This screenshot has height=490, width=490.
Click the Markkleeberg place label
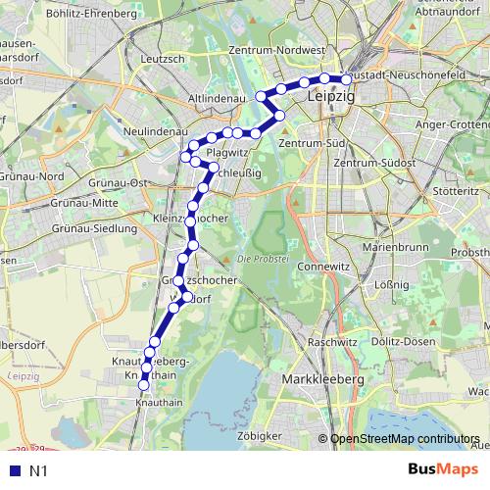(322, 378)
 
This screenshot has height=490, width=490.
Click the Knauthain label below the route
(158, 403)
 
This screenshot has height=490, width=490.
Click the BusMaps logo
(444, 469)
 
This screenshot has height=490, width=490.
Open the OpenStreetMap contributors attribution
(405, 439)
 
